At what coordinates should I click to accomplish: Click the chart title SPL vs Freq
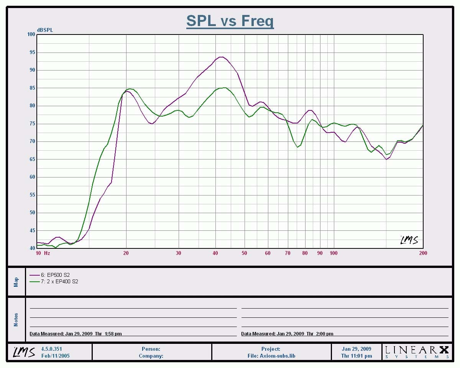click(230, 21)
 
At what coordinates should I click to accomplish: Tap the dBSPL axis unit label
click(45, 30)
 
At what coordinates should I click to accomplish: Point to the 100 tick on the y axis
click(31, 34)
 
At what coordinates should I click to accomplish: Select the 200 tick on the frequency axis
click(423, 253)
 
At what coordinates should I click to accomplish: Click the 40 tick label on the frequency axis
click(215, 253)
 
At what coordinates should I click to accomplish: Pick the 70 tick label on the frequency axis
click(287, 253)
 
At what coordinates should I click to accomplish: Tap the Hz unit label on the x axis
click(47, 253)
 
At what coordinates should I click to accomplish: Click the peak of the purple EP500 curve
click(221, 57)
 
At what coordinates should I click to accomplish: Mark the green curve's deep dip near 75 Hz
click(297, 147)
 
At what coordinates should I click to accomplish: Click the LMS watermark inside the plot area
click(409, 240)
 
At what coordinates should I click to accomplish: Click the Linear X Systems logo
click(417, 352)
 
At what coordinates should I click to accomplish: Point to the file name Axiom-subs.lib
click(271, 356)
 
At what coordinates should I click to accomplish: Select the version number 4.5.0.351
click(51, 349)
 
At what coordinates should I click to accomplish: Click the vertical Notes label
click(16, 320)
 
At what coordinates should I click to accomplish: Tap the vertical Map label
click(16, 282)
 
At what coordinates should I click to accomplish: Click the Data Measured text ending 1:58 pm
click(76, 334)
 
